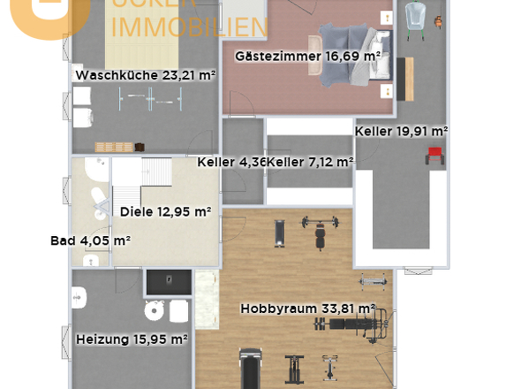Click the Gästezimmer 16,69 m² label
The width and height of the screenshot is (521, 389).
(307, 56)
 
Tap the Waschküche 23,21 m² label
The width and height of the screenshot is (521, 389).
(146, 76)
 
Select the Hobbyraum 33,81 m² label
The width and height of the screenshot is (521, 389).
(307, 309)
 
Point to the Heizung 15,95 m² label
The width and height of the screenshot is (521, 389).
(132, 339)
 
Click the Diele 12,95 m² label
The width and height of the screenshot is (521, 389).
(166, 211)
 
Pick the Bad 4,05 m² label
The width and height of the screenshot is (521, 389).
(91, 240)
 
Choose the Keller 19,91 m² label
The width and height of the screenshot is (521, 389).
(401, 131)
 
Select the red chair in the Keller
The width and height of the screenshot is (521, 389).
(434, 155)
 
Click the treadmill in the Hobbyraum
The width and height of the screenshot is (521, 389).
(251, 367)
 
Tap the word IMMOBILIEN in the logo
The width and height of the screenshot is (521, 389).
(190, 27)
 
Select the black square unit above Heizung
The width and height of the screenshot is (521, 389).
(168, 281)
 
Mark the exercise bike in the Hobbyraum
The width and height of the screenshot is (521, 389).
(330, 364)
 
